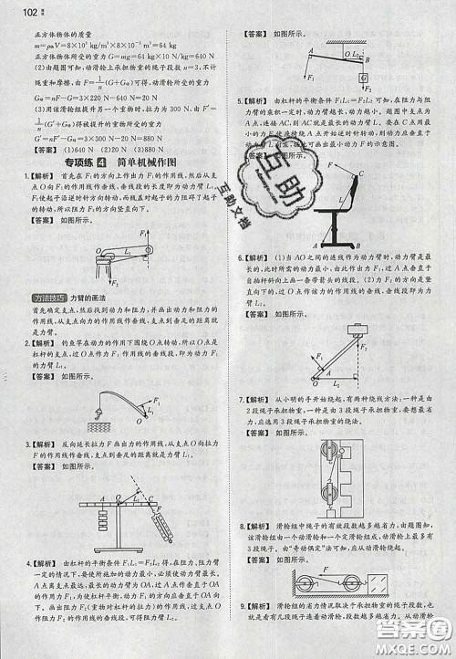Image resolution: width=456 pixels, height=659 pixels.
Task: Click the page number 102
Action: point(12,11)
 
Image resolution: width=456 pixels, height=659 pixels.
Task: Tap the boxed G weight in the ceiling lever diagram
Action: point(362,76)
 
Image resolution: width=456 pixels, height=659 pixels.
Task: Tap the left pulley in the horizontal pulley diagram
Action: point(301,581)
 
